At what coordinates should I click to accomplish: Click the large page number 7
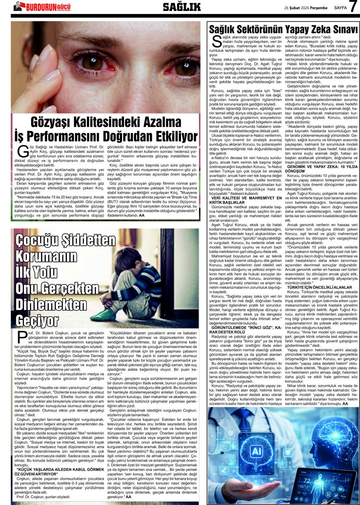pos(353,7)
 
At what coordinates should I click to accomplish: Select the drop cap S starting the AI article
pos(217,41)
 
